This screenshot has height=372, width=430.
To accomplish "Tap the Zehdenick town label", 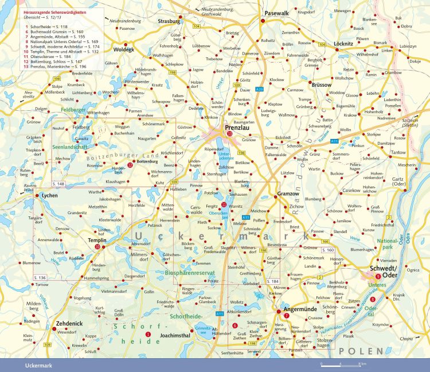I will pyautogui.click(x=69, y=324).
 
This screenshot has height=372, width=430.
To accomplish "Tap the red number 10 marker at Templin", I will pyautogui.click(x=97, y=247).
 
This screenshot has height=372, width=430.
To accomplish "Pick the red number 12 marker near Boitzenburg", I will pyautogui.click(x=130, y=165).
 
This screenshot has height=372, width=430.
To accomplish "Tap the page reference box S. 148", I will pyautogui.click(x=59, y=184).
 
